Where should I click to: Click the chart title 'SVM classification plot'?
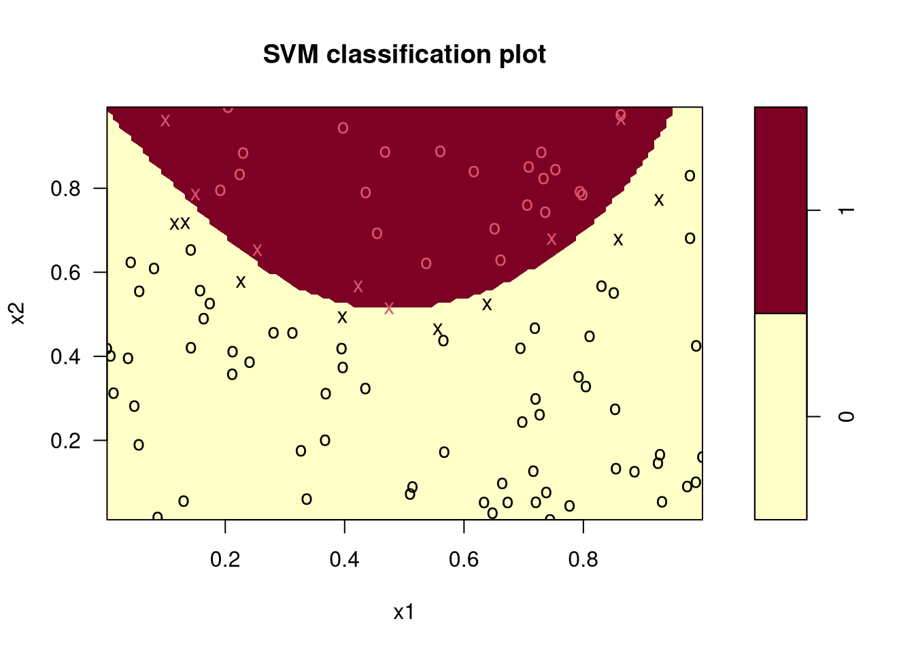[x=404, y=54]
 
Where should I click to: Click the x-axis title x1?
[x=403, y=613]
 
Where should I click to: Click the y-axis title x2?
[x=18, y=314]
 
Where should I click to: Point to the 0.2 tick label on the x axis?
[x=225, y=560]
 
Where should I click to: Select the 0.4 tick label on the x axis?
[x=344, y=560]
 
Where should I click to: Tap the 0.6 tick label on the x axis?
[x=464, y=560]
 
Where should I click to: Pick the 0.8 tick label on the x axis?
[x=583, y=560]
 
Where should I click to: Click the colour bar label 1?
[x=847, y=210]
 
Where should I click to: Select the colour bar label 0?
[x=847, y=416]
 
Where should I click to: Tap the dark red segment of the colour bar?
[x=781, y=210]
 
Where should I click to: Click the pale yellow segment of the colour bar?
[x=781, y=416]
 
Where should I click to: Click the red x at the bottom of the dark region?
[x=389, y=309]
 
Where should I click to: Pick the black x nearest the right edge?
[x=659, y=200]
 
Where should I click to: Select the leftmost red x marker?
[x=165, y=121]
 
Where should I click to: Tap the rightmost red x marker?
[x=621, y=120]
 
